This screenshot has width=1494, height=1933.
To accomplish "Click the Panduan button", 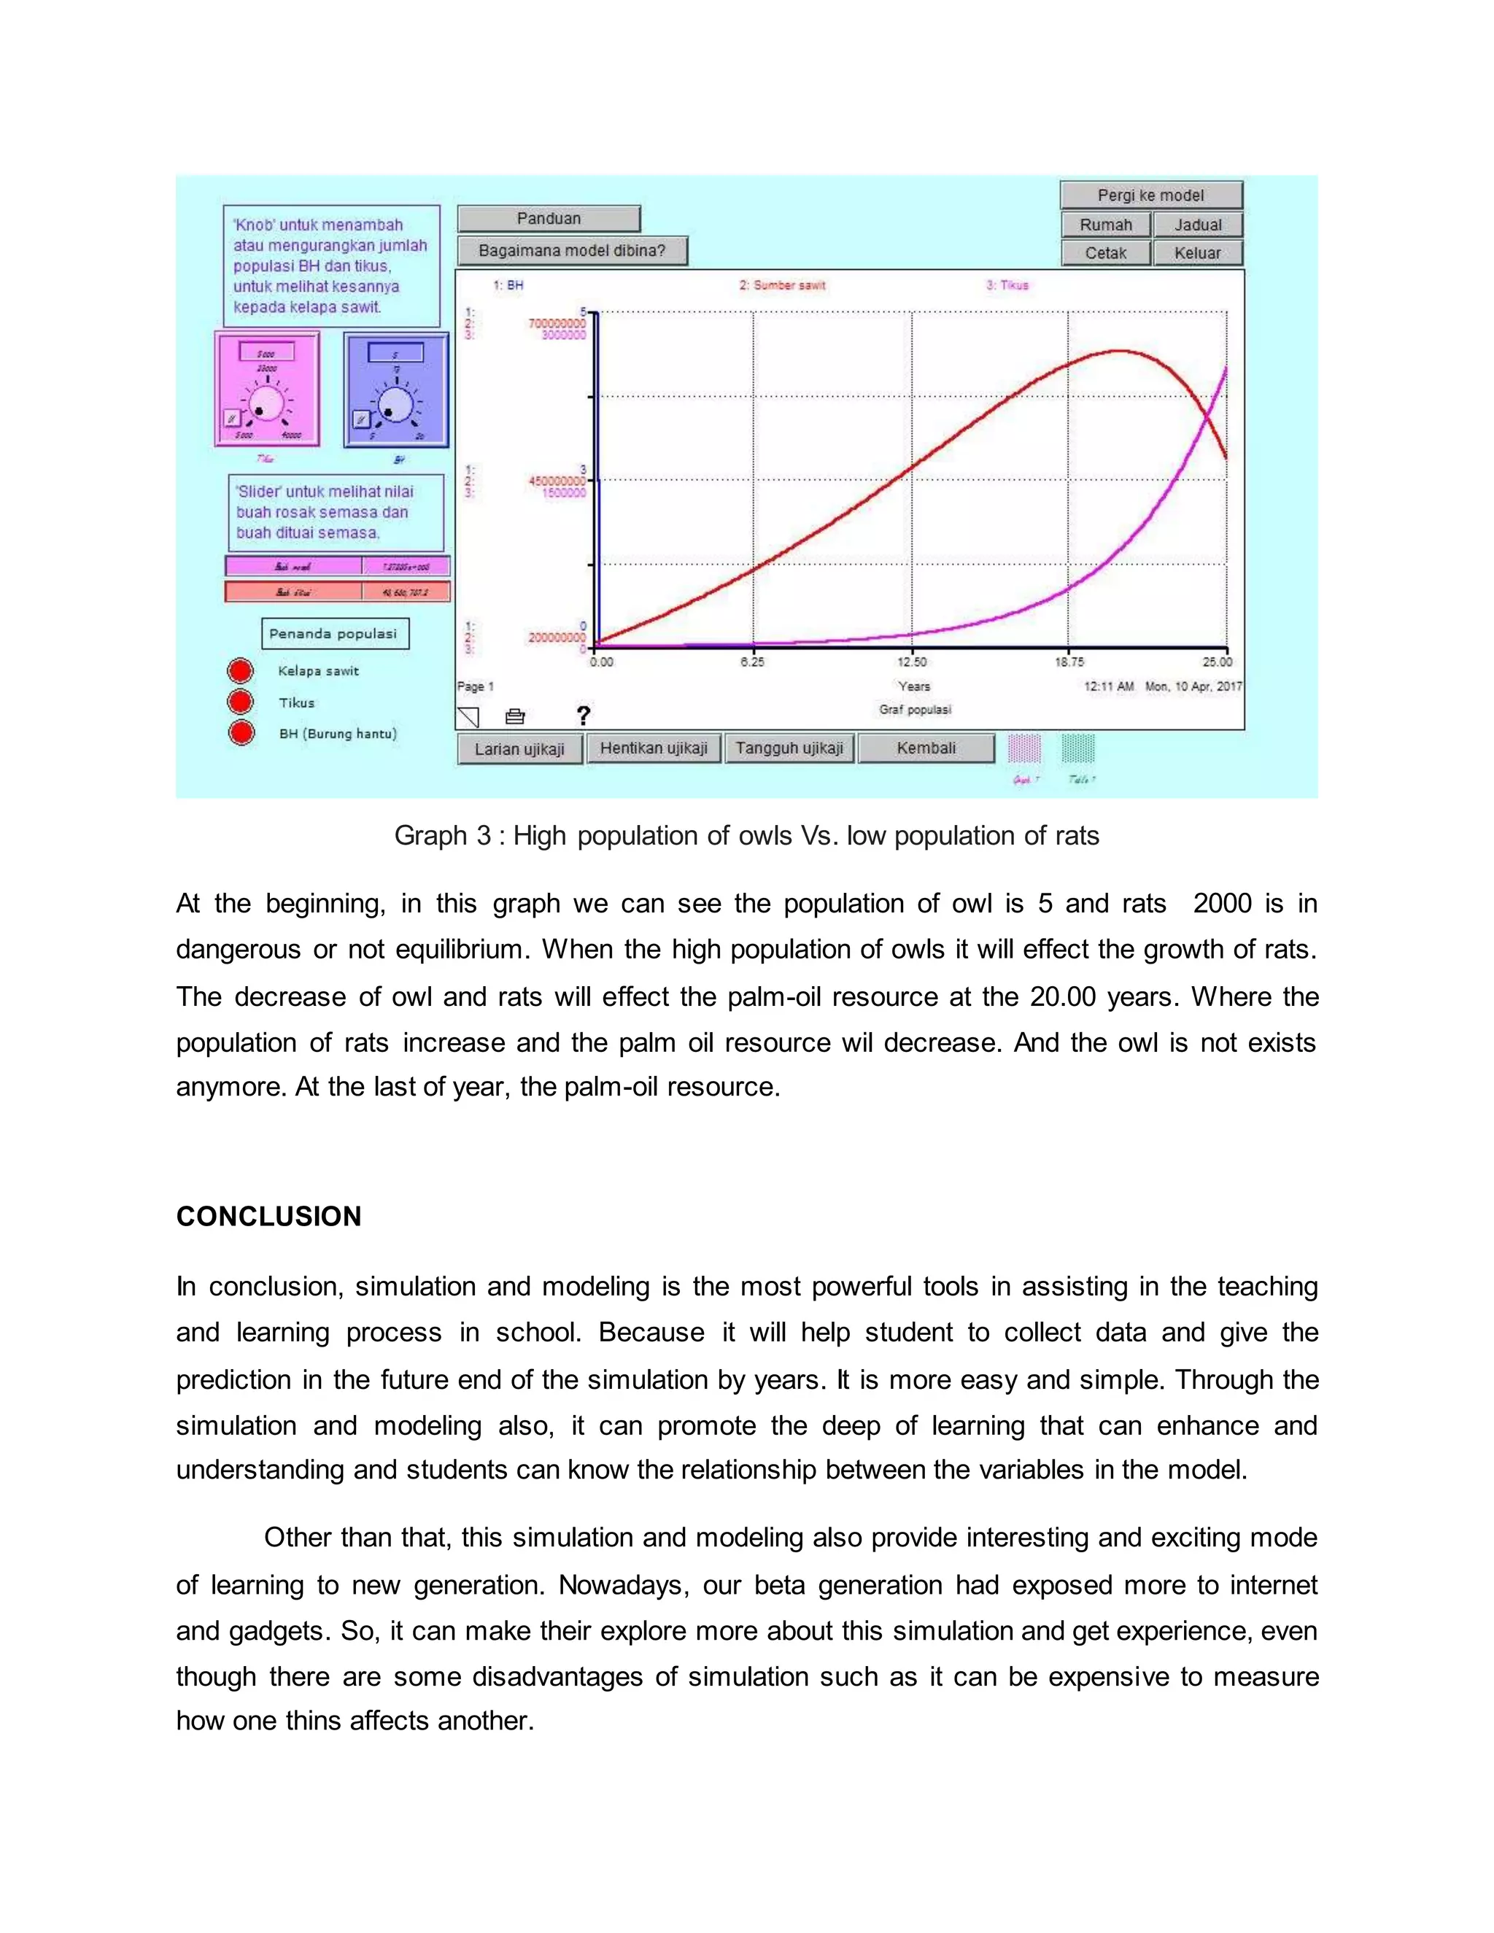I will tap(549, 219).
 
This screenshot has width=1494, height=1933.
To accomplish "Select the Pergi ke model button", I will tap(1150, 195).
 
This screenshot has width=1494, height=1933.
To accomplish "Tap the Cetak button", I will tap(1105, 253).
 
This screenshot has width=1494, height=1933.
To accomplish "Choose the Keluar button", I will tap(1198, 253).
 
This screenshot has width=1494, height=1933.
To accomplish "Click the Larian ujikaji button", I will tap(519, 749).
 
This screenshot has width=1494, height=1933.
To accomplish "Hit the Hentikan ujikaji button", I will tap(654, 748).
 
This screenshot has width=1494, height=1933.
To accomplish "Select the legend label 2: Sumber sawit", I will tap(783, 285).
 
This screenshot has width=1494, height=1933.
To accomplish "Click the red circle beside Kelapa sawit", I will tap(241, 671).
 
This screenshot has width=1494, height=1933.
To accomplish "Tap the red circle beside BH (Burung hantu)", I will tap(241, 733).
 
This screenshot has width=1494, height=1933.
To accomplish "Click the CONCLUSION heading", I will tap(269, 1216).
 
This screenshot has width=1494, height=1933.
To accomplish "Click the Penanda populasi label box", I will tap(335, 634).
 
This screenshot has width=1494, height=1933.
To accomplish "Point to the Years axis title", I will tap(914, 686).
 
